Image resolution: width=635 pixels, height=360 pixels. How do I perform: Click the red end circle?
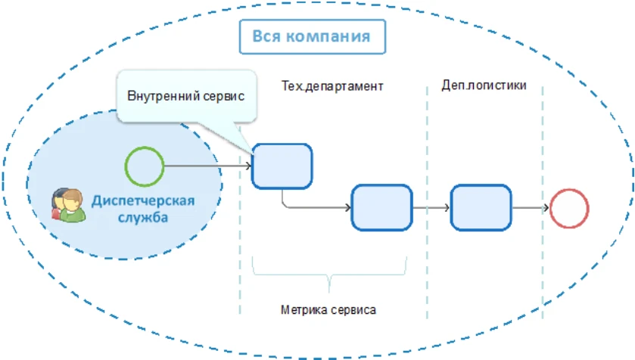(568, 207)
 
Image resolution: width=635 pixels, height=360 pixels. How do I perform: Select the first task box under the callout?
(282, 166)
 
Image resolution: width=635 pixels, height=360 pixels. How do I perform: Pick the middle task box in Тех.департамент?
(381, 207)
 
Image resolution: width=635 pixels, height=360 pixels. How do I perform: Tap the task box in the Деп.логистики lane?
(481, 207)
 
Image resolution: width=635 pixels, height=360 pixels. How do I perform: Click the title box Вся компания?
(312, 36)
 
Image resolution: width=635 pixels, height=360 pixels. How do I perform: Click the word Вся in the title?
(266, 36)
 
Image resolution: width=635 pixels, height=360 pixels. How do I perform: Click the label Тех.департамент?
(332, 86)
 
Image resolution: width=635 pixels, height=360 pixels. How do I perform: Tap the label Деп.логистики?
(484, 85)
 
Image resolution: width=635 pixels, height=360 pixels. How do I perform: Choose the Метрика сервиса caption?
(328, 309)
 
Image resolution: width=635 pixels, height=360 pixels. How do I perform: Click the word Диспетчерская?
(143, 201)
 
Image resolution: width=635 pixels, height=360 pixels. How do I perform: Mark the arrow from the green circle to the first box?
(207, 166)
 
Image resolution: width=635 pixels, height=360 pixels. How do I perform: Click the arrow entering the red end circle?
(530, 207)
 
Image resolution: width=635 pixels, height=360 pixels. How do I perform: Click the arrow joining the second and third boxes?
(431, 207)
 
